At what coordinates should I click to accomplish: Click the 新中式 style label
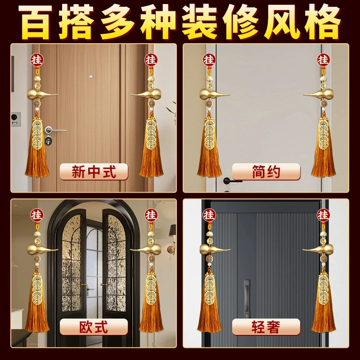coord(94,171)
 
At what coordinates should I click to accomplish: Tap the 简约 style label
coord(266,171)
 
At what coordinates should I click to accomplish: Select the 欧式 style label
coord(94,327)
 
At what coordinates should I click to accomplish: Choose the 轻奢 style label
coord(266,327)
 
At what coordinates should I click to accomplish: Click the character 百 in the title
coord(35,22)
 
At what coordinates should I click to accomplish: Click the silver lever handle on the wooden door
coord(54,130)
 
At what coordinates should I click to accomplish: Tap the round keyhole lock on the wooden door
coord(48,140)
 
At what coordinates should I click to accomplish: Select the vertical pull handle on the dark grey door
coord(247,298)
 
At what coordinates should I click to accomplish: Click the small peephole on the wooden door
coord(91,76)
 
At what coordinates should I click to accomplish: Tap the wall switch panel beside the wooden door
coord(16,119)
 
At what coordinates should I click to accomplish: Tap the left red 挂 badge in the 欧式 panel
coord(37,215)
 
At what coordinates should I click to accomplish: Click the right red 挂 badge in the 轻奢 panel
coord(324,215)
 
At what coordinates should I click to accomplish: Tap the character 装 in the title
coord(199,22)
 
